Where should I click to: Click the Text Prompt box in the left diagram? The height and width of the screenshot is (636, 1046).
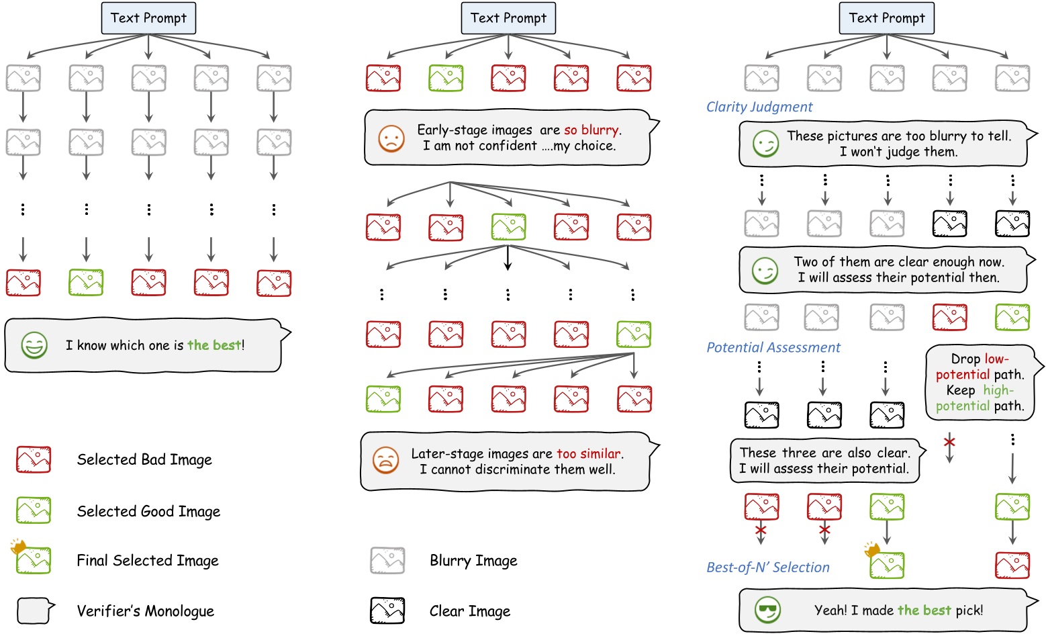(148, 18)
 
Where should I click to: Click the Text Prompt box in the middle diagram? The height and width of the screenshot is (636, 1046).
(508, 18)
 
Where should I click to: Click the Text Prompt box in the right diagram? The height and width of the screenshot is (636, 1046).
(886, 18)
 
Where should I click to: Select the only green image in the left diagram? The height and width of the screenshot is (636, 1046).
(86, 283)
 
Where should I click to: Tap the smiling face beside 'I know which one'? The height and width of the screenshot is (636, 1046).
(34, 345)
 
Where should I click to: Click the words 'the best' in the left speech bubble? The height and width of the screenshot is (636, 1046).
(213, 345)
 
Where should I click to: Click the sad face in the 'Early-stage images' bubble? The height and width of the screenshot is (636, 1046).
(391, 138)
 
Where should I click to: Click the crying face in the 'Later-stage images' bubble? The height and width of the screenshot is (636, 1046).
(385, 461)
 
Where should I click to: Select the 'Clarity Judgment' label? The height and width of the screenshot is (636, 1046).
(759, 107)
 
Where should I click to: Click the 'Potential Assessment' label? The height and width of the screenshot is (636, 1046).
(773, 347)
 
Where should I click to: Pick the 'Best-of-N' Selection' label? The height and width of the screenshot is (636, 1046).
(767, 567)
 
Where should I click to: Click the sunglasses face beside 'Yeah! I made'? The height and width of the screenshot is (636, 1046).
(767, 610)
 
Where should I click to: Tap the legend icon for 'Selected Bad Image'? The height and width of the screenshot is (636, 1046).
(34, 459)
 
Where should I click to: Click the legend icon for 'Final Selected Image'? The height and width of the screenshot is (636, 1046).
(33, 559)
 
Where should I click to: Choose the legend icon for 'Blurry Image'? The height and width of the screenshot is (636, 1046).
(387, 560)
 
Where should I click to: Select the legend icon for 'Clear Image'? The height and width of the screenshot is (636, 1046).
(387, 610)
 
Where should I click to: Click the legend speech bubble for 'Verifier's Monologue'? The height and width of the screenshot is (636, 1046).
(36, 610)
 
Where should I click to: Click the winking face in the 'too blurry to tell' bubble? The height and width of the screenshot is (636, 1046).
(765, 144)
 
